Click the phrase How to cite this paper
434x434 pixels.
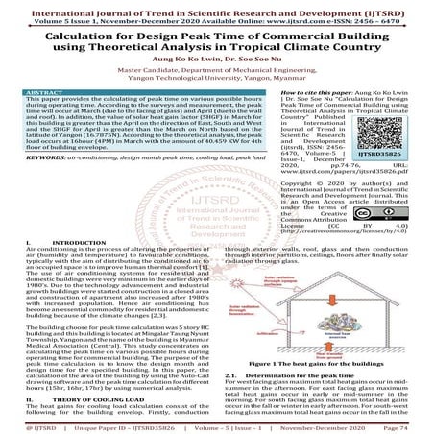(258, 93)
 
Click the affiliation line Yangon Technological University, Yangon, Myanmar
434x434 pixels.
(217, 80)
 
